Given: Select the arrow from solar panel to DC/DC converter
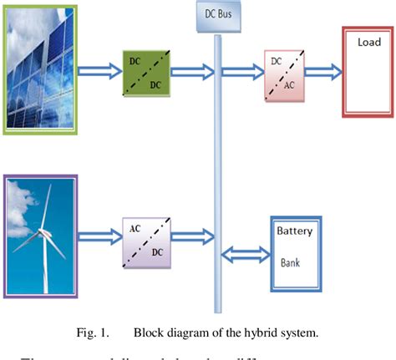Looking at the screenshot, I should [x=99, y=73].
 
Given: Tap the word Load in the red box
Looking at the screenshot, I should [x=368, y=43].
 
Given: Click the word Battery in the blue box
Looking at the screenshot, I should [x=294, y=231].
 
